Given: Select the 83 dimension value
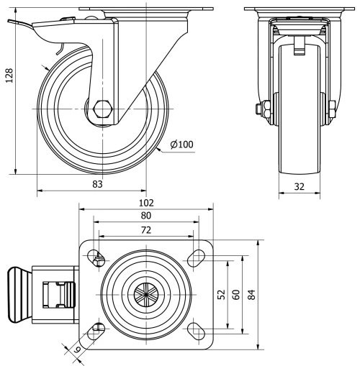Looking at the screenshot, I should tap(97, 184).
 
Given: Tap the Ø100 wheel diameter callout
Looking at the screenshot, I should tap(182, 145).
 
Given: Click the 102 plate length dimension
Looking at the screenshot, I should tap(146, 203).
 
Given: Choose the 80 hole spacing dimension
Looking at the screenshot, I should tap(146, 215).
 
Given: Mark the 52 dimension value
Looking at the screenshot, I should tap(221, 295).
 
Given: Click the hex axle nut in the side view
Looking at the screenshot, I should tap(102, 109).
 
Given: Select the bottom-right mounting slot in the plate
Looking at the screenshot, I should tap(196, 330).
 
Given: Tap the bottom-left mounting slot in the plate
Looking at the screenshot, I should tap(96, 330).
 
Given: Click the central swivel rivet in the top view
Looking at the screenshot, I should tap(146, 294).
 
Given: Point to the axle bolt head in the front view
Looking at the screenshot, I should tap(258, 110).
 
